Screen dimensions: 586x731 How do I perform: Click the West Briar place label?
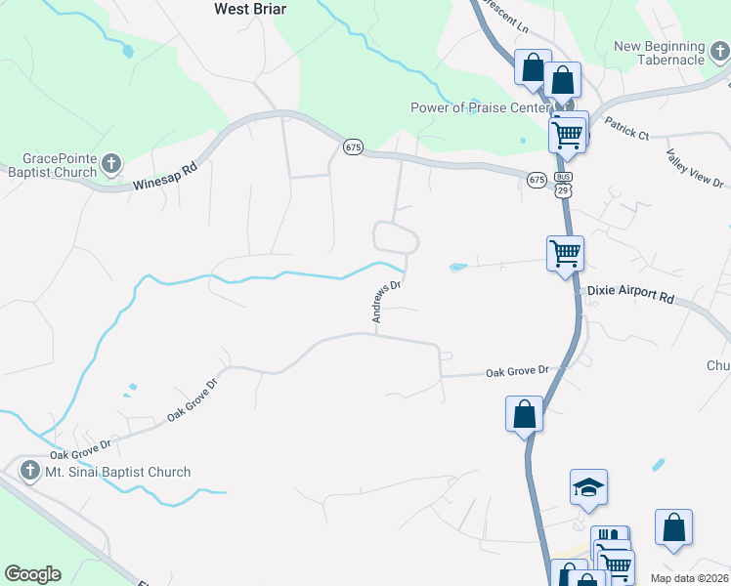[249, 8]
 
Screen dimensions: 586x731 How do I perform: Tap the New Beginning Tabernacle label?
[660, 53]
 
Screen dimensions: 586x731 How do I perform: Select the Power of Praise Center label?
[472, 108]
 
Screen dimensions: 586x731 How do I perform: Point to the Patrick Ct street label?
[626, 128]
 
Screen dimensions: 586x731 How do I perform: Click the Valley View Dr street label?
[695, 169]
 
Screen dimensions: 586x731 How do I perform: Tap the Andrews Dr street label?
[387, 302]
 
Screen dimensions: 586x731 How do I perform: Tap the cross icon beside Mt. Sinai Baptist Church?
[29, 472]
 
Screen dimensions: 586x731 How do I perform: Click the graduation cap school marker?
[588, 486]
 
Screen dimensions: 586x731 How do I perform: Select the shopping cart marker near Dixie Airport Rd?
[565, 254]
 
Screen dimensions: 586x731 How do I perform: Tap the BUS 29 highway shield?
[564, 185]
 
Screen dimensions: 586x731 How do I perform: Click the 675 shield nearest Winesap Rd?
[354, 147]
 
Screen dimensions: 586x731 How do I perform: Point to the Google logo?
[32, 574]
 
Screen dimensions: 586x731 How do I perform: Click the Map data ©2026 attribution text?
[689, 578]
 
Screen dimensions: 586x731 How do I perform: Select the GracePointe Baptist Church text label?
[62, 165]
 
